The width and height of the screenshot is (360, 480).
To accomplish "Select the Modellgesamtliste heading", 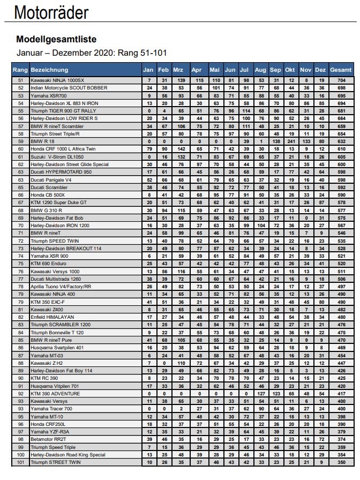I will point(56,39).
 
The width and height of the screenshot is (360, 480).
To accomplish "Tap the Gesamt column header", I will point(341,70).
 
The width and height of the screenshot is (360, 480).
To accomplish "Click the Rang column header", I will point(20,70).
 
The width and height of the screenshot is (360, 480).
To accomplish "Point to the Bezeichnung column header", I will point(49,70).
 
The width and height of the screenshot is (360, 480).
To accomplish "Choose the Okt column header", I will point(290,70).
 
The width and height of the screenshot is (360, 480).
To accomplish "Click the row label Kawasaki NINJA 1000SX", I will point(57,80).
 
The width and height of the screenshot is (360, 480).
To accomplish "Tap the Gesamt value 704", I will point(341,80).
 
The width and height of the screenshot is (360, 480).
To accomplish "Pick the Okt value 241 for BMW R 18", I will point(290,140).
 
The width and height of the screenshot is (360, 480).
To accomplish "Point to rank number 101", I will point(20,462).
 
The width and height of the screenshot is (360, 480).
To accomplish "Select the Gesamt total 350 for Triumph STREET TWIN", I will point(341,462).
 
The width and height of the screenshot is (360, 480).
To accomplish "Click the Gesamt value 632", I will point(341,140).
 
